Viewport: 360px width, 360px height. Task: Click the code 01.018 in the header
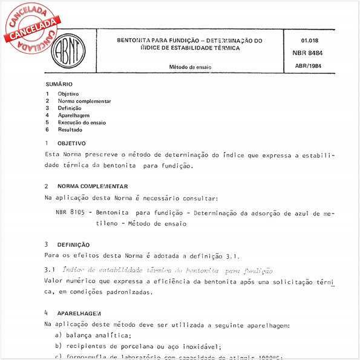(x=309, y=40)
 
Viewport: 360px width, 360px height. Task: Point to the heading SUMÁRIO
(x=59, y=84)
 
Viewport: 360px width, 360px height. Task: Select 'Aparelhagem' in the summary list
(x=73, y=115)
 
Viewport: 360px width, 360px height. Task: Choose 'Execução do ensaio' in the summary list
(x=81, y=122)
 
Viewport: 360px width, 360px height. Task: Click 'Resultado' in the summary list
(x=70, y=129)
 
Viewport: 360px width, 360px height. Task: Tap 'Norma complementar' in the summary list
(x=84, y=101)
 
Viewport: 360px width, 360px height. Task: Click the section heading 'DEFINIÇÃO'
(x=73, y=244)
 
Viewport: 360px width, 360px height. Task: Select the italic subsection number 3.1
(x=50, y=270)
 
